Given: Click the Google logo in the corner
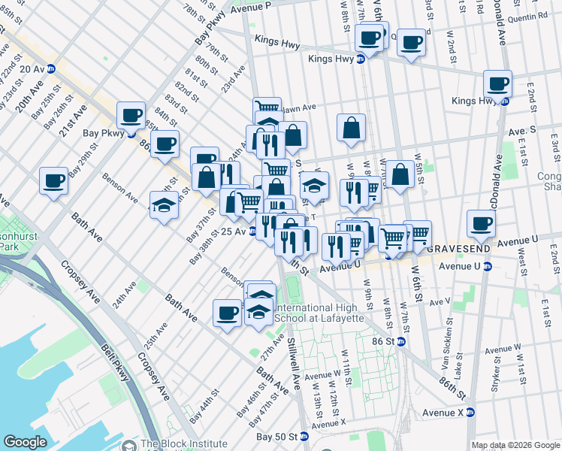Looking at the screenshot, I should point(25,442).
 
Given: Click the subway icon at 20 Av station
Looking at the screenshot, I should point(51,68).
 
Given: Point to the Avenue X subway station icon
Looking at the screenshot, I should point(470,412).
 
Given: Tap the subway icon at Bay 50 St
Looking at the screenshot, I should point(304,436).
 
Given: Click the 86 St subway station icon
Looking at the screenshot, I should point(401,341).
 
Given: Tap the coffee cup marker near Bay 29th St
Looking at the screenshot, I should point(54,180).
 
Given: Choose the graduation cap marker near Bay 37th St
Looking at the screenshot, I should point(164,204).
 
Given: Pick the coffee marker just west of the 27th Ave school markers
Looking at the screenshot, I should point(227,312).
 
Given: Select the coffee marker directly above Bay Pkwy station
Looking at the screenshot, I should point(131,114).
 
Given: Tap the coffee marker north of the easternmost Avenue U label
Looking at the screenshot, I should point(482,222).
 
